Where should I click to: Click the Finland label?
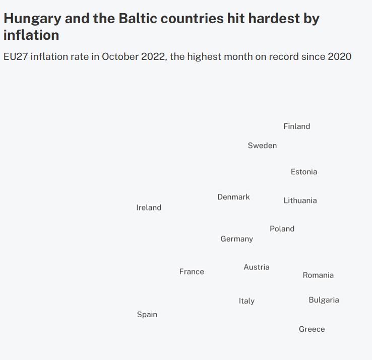(x=296, y=126)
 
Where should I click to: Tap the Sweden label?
(x=262, y=146)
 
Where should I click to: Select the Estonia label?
(x=304, y=172)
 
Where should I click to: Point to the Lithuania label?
(x=300, y=200)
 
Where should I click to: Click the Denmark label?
(x=233, y=197)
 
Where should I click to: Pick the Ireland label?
(x=149, y=207)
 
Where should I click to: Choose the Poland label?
(x=282, y=229)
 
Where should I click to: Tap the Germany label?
(x=236, y=239)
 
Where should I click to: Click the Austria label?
(x=256, y=267)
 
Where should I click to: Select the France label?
(x=192, y=271)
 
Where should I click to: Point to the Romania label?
(x=318, y=275)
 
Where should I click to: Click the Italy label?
(x=246, y=301)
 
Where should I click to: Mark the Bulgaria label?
(x=324, y=300)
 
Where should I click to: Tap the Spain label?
(x=147, y=314)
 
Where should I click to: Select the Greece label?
(x=312, y=329)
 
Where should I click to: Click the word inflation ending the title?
(x=31, y=35)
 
